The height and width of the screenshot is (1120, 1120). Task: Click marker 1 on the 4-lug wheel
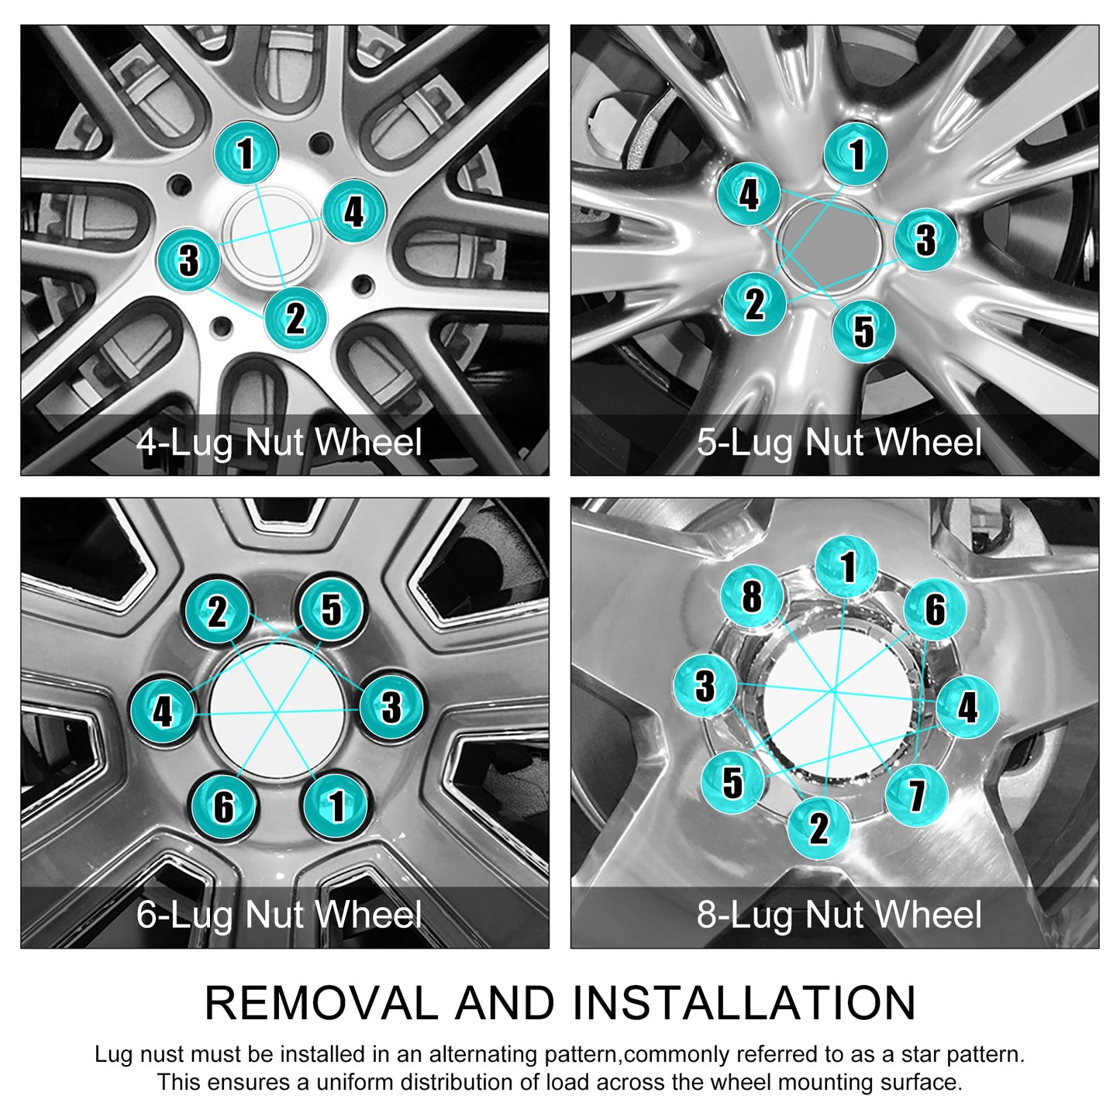(246, 153)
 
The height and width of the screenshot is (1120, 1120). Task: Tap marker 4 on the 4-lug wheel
(354, 211)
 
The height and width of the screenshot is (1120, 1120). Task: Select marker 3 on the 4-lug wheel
(189, 260)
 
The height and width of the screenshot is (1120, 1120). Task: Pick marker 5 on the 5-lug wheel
(863, 332)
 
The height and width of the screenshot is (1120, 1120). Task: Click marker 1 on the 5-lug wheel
(856, 154)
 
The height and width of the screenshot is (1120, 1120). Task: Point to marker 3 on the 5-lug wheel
(925, 240)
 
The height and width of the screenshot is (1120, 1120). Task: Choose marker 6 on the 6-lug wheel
(224, 806)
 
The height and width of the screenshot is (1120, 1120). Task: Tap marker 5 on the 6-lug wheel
(331, 609)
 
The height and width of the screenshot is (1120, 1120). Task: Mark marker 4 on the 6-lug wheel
(163, 710)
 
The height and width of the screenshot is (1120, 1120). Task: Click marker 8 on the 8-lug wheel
(752, 596)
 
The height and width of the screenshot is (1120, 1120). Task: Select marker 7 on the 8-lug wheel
(917, 795)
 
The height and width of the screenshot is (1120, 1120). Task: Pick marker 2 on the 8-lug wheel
(819, 828)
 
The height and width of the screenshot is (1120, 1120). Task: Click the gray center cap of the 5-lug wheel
(829, 245)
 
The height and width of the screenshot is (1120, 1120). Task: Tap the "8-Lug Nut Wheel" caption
(839, 915)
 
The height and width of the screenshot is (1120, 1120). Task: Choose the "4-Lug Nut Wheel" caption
(279, 443)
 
